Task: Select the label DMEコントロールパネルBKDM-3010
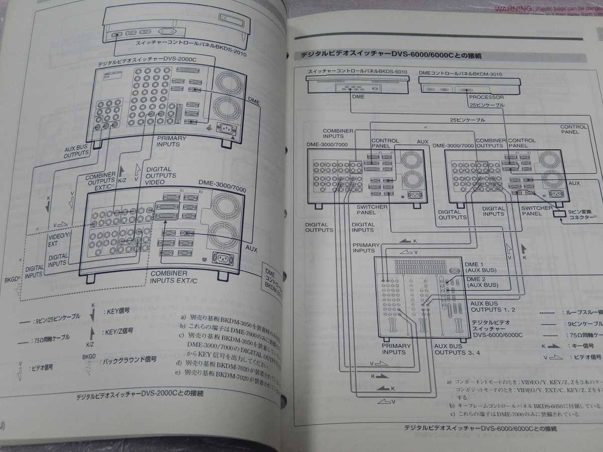point(460,74)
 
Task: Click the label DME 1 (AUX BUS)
point(481,267)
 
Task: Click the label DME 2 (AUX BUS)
point(481,282)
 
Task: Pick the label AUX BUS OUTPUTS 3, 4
point(457,349)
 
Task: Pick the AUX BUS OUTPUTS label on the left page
point(76,152)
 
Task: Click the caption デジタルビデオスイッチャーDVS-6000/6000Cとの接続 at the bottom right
point(480,428)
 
